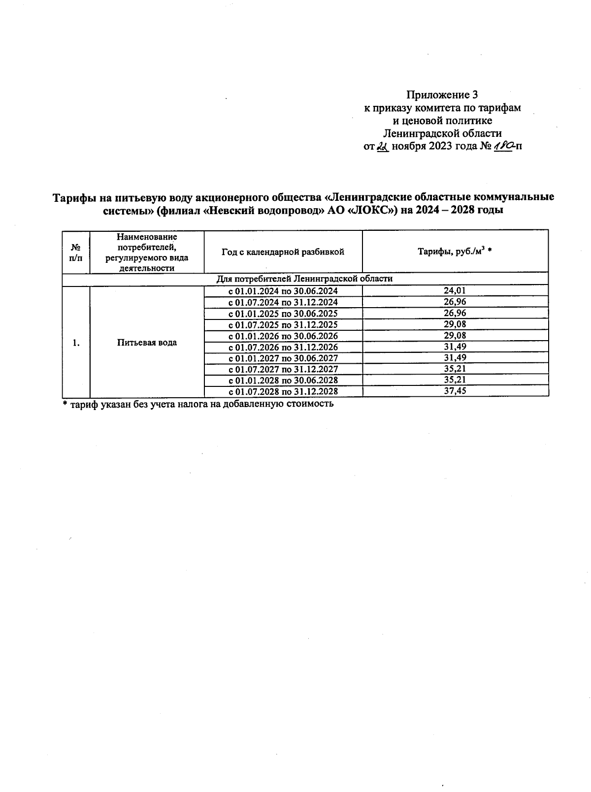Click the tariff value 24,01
click(455, 291)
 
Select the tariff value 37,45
click(455, 391)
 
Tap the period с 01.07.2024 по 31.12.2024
click(283, 302)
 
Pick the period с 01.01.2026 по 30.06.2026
click(283, 336)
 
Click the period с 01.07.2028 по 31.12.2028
click(283, 392)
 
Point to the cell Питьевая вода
click(147, 343)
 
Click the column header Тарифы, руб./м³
click(455, 252)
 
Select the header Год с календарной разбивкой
click(283, 252)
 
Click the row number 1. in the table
click(76, 343)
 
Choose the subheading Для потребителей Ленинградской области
click(305, 279)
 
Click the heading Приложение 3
click(442, 95)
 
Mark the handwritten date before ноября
click(383, 147)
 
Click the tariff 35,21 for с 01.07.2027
click(455, 369)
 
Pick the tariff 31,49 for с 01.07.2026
click(455, 347)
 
